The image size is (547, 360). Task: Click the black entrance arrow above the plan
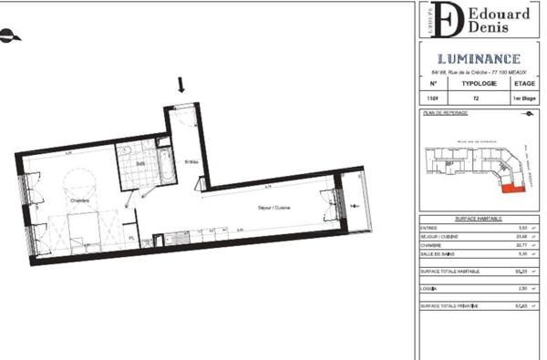point(181,86)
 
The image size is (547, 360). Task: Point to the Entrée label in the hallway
point(192,162)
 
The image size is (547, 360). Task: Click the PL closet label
point(131,238)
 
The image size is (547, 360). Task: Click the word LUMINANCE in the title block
point(478,58)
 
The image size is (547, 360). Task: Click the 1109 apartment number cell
point(431,97)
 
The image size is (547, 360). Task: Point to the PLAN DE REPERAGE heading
point(446,113)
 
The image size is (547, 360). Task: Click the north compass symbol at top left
point(8,36)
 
